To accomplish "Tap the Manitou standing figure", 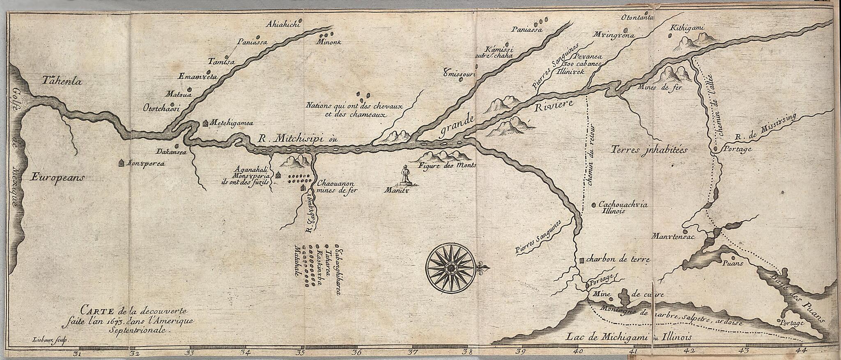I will click(x=406, y=175).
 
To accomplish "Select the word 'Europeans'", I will click(x=57, y=177).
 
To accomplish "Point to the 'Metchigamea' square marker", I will click(x=205, y=123).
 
